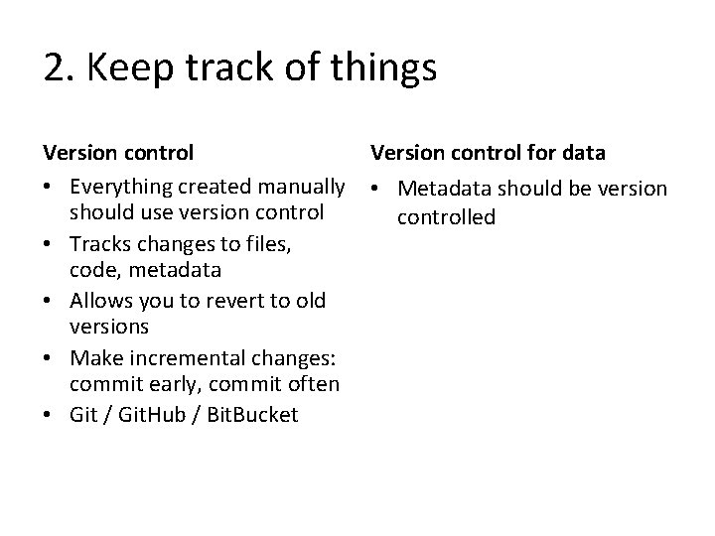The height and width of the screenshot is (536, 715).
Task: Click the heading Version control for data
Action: pyautogui.click(x=488, y=153)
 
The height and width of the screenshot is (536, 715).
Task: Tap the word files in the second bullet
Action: pyautogui.click(x=264, y=242)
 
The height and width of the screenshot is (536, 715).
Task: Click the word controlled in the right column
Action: pyautogui.click(x=446, y=216)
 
